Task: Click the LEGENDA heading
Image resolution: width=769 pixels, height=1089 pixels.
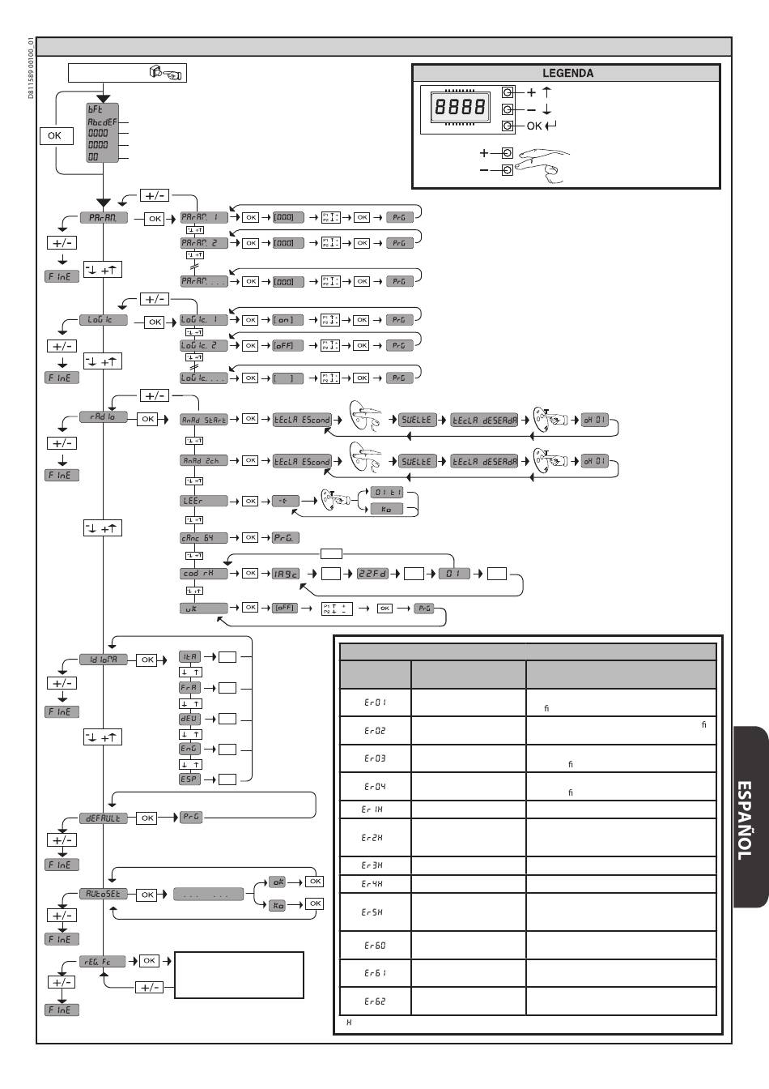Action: click(x=567, y=73)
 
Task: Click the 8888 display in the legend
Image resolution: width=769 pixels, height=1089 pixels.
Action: click(x=460, y=106)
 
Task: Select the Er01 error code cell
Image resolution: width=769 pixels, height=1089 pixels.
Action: click(x=375, y=703)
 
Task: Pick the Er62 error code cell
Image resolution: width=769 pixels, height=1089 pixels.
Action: click(x=375, y=1001)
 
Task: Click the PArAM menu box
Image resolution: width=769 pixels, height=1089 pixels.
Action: click(x=103, y=218)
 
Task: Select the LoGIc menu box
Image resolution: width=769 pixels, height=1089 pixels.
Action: click(x=103, y=320)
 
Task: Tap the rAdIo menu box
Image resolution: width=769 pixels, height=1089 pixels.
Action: click(x=103, y=417)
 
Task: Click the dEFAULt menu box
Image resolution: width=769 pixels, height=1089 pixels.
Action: click(x=103, y=818)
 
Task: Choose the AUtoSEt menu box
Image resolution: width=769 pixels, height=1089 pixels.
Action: click(x=103, y=894)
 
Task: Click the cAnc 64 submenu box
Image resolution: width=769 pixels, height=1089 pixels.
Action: click(x=203, y=537)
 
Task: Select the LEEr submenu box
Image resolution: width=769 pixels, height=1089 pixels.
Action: click(x=203, y=501)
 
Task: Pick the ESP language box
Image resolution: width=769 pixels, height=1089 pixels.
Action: click(x=189, y=779)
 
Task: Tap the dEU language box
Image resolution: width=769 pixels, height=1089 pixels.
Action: click(x=189, y=718)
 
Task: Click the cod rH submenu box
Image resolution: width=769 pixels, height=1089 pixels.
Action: click(x=203, y=573)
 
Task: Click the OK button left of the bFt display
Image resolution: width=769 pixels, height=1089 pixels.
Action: click(x=54, y=135)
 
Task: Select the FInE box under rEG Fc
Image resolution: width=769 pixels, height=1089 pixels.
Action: click(x=62, y=1010)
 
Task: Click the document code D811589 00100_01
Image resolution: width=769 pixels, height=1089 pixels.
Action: click(x=30, y=69)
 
